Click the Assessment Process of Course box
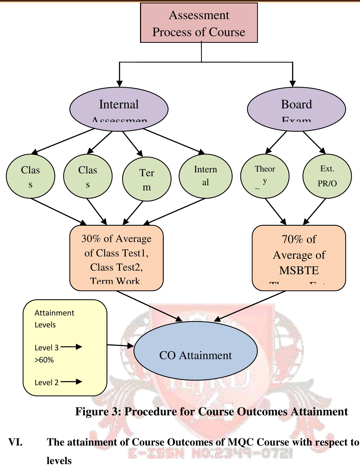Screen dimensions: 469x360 tap(199, 23)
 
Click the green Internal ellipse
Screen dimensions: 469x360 tap(206, 176)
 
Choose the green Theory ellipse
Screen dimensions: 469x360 tap(265, 176)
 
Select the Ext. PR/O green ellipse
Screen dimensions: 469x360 tap(327, 176)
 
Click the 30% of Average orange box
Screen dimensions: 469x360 tap(117, 258)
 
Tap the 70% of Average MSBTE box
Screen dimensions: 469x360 tap(299, 258)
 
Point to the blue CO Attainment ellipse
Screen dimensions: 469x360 tap(195, 351)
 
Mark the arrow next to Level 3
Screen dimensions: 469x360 tap(71, 347)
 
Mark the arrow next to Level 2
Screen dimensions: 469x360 tap(71, 382)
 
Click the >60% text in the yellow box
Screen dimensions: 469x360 tap(44, 360)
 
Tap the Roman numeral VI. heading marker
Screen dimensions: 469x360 tap(15, 442)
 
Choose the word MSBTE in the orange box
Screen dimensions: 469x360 tap(299, 270)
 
